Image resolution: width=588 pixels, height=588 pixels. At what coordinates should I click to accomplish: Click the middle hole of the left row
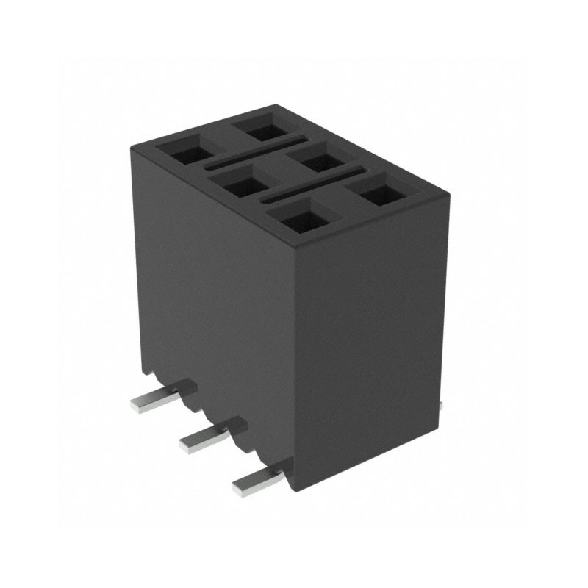tap(239, 184)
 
